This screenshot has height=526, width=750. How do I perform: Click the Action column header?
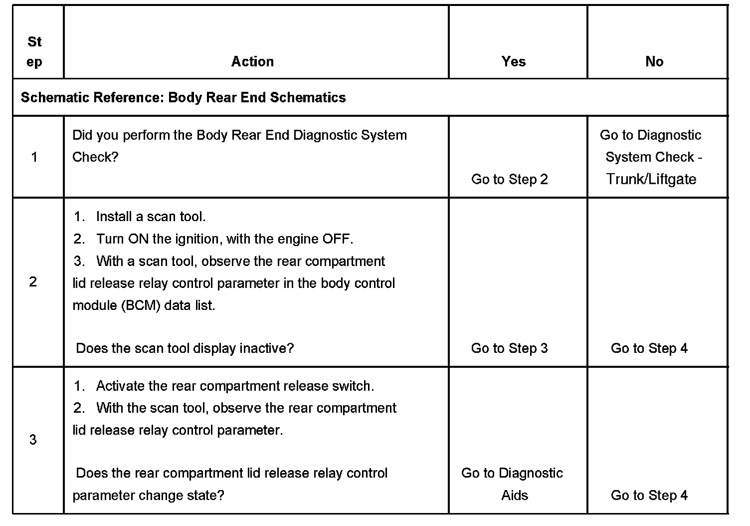252,61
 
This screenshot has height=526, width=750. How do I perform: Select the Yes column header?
514,61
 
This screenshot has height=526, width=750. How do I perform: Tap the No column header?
654,61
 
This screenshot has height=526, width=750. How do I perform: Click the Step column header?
34,51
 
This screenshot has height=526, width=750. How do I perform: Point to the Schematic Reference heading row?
183,97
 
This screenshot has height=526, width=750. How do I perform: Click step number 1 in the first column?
34,157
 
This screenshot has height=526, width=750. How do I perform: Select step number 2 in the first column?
33,282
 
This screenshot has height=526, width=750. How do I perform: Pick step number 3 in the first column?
33,440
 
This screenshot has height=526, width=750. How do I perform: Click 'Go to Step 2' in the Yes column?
509,179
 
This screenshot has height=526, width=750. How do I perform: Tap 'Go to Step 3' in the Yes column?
509,348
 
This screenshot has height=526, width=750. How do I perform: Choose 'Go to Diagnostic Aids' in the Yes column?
512,484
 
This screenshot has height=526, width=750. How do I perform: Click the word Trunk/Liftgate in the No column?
651,179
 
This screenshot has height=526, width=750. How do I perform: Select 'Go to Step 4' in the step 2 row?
649,348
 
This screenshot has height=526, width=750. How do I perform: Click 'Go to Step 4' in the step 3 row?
649,495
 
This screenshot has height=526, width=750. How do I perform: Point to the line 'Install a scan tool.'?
151,217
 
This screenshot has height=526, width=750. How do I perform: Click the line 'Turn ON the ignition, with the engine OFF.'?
224,239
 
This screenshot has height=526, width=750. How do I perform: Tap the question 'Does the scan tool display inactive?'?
185,348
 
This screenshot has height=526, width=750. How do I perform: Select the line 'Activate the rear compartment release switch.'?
235,386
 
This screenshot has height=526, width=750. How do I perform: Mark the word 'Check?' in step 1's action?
95,157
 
